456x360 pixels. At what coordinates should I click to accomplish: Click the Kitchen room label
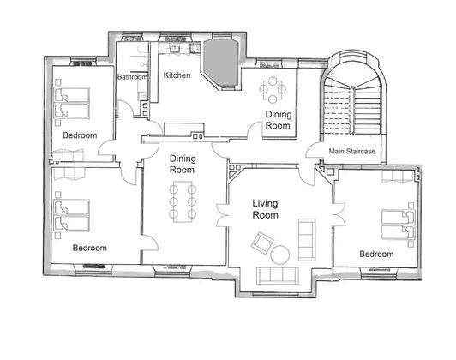click(177, 75)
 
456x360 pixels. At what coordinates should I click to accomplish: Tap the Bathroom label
click(132, 77)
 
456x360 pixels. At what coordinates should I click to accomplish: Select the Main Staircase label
click(352, 151)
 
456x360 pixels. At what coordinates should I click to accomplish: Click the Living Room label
click(265, 209)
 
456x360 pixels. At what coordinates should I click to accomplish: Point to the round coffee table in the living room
click(280, 255)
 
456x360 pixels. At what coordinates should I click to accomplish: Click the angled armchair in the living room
click(262, 243)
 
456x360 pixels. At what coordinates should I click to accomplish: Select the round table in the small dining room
click(273, 89)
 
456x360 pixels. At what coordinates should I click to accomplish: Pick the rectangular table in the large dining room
click(183, 201)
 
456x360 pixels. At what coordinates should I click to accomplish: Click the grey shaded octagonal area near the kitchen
click(221, 63)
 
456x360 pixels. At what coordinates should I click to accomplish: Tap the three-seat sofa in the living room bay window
click(278, 276)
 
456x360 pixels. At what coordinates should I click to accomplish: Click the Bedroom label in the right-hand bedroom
click(376, 255)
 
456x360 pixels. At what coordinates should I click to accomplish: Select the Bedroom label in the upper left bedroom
click(80, 135)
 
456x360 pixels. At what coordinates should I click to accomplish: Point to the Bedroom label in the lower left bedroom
click(89, 248)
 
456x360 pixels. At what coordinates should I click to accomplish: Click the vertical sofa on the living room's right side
click(307, 240)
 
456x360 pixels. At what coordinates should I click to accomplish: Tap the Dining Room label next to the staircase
click(279, 120)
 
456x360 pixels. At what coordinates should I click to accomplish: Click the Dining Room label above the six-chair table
click(183, 165)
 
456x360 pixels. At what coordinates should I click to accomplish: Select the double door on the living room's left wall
click(223, 215)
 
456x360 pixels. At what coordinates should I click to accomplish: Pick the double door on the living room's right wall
click(339, 214)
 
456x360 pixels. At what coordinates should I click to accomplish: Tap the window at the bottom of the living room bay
click(275, 295)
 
